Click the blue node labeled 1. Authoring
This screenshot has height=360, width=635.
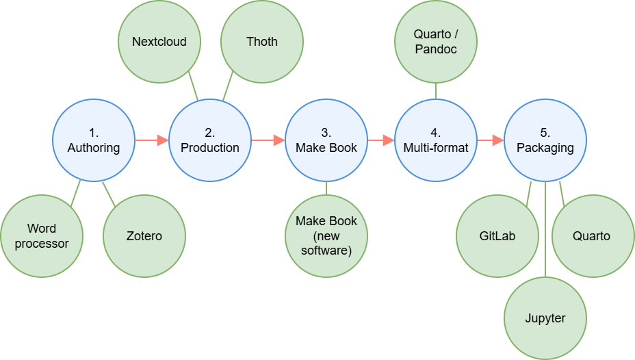94,140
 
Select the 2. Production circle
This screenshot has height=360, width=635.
210,140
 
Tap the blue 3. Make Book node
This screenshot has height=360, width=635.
326,140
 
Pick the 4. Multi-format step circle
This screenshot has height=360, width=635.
436,140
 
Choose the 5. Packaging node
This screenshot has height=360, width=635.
545,140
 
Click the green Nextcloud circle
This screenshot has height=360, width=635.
159,42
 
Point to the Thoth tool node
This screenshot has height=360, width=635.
262,42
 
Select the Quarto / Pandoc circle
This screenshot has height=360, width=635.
436,42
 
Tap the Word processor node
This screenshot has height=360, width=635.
42,236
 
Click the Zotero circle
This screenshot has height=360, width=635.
144,236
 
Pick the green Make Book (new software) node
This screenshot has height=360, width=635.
326,236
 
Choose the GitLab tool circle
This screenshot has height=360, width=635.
497,236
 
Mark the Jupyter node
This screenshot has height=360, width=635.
545,318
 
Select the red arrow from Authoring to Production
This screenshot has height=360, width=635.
152,140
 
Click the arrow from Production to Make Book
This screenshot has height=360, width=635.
268,140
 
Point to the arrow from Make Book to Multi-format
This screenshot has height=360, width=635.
381,140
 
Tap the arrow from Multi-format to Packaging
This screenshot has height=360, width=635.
491,140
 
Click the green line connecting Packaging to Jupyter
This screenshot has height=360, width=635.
545,229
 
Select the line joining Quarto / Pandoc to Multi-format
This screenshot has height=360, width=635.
436,91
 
